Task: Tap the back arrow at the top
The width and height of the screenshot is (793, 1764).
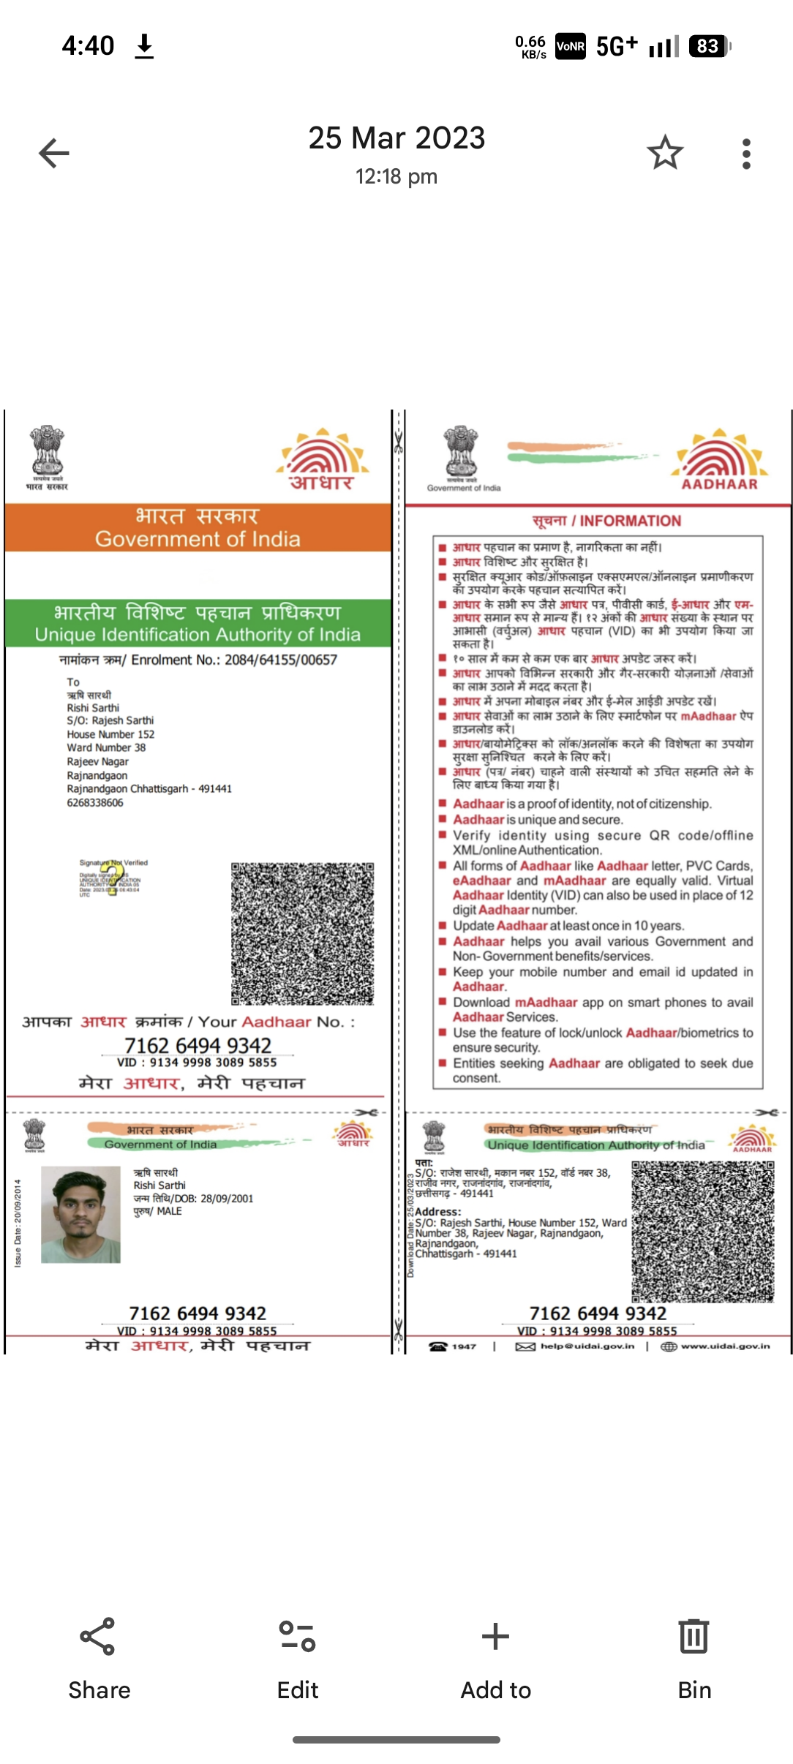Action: click(x=54, y=154)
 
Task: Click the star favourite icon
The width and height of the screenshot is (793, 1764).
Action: click(x=664, y=153)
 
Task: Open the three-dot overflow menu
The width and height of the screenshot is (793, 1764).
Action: click(x=745, y=154)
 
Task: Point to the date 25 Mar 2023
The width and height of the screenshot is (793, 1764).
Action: click(x=396, y=138)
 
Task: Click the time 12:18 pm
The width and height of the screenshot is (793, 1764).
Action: click(x=396, y=177)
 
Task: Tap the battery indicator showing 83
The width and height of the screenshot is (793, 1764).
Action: click(x=708, y=47)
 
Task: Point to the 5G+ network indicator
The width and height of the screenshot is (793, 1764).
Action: click(x=616, y=47)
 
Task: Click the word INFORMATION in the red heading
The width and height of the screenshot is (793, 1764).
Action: click(x=630, y=521)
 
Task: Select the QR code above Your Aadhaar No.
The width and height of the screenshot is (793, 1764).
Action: click(x=302, y=933)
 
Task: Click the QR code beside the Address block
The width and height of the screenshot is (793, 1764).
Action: click(x=702, y=1231)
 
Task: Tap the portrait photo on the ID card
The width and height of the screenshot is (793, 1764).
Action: click(x=80, y=1215)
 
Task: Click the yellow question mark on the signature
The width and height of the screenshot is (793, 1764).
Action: click(x=112, y=878)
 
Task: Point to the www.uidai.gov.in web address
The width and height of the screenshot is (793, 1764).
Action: click(x=725, y=1346)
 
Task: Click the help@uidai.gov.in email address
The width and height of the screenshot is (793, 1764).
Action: click(x=587, y=1346)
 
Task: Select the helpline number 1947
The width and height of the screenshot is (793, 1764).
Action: click(x=463, y=1346)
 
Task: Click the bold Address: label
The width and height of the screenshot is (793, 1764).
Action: click(x=438, y=1211)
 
